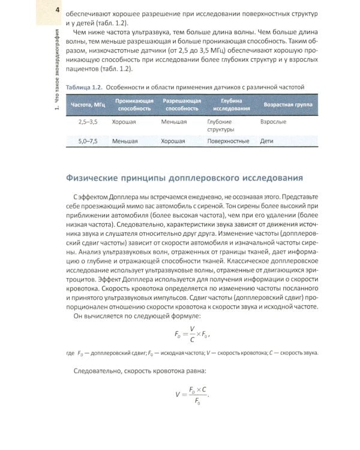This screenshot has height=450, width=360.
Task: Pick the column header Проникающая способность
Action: coord(130,104)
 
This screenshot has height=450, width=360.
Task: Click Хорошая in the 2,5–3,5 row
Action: coord(124,122)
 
